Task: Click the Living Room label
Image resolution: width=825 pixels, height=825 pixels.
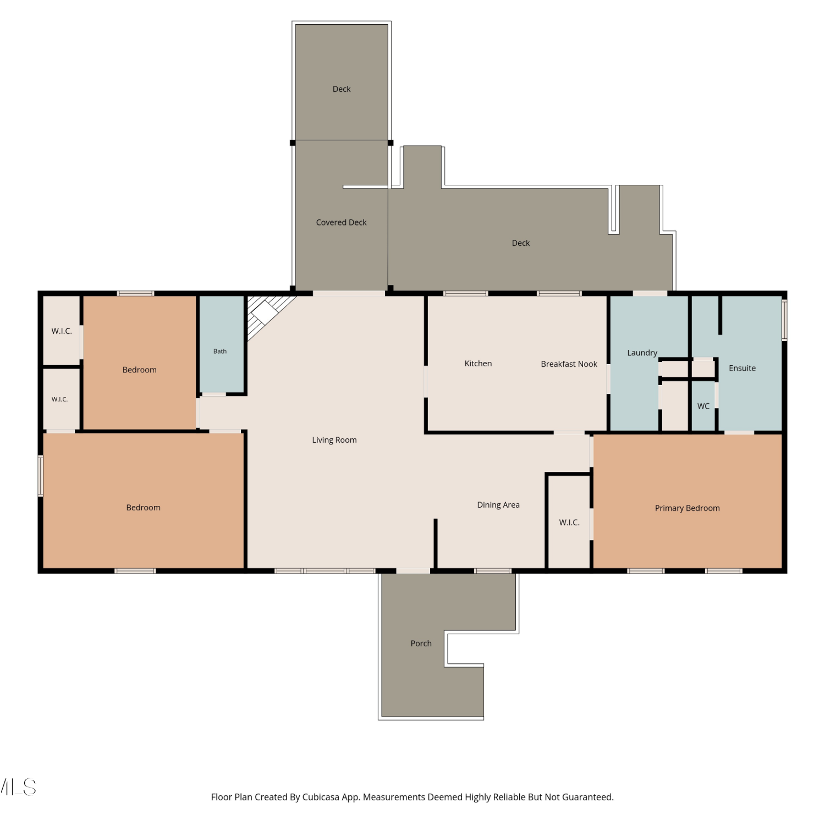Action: [x=334, y=440]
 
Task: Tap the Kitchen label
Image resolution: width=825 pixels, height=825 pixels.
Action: [x=478, y=364]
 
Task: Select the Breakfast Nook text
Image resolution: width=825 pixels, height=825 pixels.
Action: [x=569, y=364]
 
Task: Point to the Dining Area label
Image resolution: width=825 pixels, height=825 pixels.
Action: [x=498, y=505]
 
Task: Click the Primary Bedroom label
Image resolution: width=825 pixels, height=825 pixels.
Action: [x=687, y=508]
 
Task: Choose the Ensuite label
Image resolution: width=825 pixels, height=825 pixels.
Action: [x=742, y=369]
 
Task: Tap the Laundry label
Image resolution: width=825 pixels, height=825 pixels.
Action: [x=642, y=353]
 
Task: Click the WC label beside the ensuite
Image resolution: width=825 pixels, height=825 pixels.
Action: [x=703, y=406]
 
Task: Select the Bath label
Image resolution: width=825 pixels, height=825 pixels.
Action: [x=220, y=351]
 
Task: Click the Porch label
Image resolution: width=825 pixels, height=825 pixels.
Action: [x=421, y=643]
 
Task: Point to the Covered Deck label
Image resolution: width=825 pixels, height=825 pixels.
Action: [x=341, y=223]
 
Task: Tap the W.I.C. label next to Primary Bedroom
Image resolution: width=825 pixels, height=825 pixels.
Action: [x=569, y=522]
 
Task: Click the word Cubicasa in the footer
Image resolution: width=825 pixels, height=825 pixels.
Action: [x=320, y=798]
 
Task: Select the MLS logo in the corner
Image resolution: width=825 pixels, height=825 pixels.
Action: [x=18, y=787]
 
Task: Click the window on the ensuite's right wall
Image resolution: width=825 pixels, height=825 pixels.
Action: [x=785, y=320]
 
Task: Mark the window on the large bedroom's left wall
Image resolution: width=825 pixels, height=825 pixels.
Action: [x=40, y=476]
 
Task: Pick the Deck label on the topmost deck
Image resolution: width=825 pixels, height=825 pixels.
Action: [x=342, y=89]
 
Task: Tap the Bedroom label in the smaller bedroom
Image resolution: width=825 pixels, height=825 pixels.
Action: [x=140, y=370]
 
